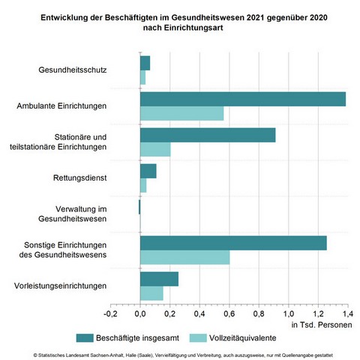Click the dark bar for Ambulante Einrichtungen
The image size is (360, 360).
pos(243,99)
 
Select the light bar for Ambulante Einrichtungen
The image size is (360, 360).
pos(182,113)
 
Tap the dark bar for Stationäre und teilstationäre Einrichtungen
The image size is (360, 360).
pos(208,135)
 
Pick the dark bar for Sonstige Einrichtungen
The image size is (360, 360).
pos(233,243)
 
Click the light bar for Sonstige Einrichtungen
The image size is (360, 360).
pos(185,257)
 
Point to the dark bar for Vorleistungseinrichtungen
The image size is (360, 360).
pos(159,279)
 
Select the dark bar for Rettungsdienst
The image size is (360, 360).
pos(148,171)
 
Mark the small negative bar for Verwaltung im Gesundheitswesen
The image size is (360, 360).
pos(139,207)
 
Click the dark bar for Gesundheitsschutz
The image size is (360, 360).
pos(145,63)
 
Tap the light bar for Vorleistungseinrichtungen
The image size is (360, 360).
pos(151,293)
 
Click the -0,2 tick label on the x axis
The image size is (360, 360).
pos(110,313)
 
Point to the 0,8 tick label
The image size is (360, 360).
pos(259,313)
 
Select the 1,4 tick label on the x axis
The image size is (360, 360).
pos(347,313)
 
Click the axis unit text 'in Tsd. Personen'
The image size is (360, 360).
pos(322,325)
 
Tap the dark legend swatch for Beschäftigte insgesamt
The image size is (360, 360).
pos(85,338)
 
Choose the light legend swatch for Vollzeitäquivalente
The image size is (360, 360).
pos(198,338)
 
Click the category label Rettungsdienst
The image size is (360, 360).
pos(80,178)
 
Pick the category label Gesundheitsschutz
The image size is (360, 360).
pos(73,70)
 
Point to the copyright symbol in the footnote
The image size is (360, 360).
pos(35,355)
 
